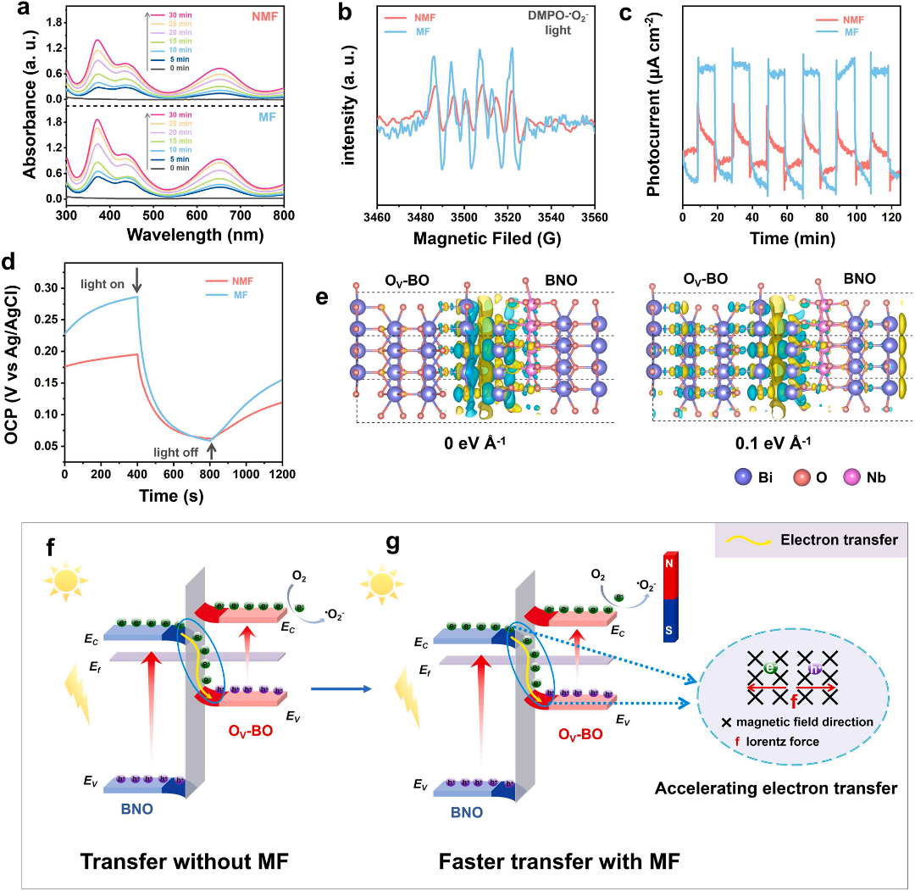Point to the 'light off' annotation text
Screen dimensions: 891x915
click(180, 453)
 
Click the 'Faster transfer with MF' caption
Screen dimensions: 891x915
click(561, 862)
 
